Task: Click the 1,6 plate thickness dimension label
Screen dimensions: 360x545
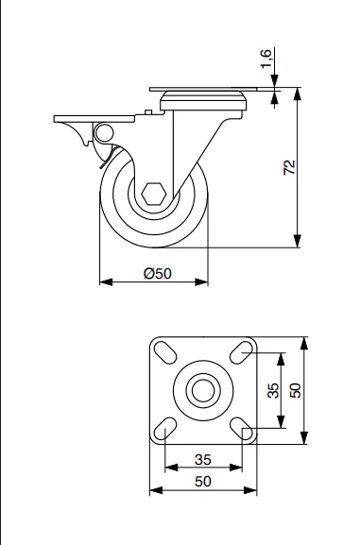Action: tap(266, 60)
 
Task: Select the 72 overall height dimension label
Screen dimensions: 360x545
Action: tap(289, 167)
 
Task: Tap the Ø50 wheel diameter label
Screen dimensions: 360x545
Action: tap(158, 274)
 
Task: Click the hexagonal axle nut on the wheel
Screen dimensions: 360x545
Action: tap(154, 194)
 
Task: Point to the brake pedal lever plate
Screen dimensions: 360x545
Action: tap(94, 119)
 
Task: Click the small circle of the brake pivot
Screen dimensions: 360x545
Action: tap(104, 132)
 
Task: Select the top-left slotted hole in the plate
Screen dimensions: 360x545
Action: tap(164, 352)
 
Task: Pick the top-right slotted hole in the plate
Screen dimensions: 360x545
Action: tap(241, 352)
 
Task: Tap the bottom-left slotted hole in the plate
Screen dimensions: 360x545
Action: tap(164, 428)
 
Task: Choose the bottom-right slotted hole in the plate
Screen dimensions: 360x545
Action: tap(241, 428)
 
